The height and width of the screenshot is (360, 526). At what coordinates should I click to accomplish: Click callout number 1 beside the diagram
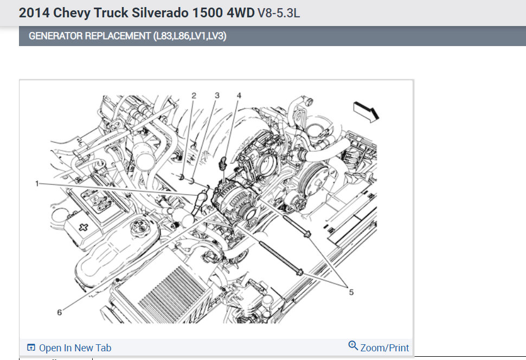37,183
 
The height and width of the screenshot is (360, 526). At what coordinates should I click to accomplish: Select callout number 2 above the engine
194,95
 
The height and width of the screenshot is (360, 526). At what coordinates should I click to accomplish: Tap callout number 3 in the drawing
217,95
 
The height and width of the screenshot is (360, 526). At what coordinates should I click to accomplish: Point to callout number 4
239,95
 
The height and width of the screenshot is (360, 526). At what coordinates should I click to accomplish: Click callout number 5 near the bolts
351,292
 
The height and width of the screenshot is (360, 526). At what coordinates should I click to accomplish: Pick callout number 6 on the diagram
59,313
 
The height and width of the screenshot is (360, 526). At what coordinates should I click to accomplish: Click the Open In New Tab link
75,348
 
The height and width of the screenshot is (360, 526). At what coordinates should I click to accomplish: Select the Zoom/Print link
384,348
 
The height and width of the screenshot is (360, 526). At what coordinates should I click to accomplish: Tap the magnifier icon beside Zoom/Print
353,345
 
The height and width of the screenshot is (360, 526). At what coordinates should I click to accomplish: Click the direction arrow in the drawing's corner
366,112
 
